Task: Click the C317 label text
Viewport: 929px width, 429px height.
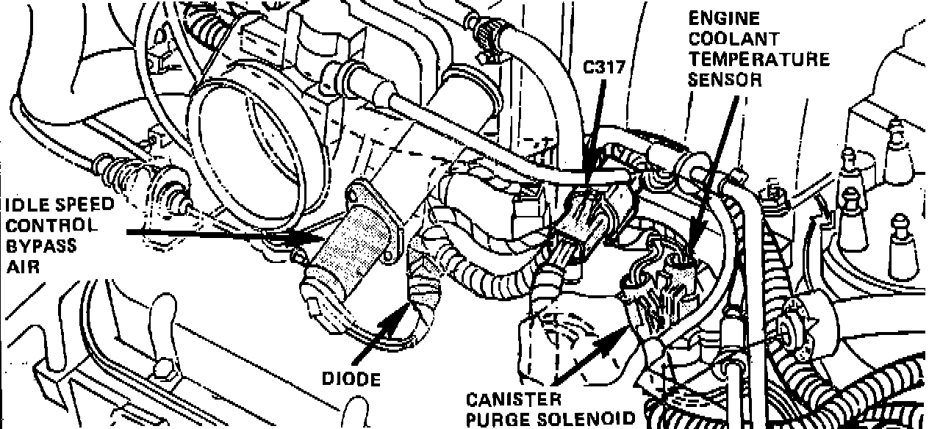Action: point(604,68)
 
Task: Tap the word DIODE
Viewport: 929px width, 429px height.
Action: point(351,379)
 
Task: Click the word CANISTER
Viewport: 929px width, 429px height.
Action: point(514,400)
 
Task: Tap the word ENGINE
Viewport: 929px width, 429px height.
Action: point(715,18)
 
